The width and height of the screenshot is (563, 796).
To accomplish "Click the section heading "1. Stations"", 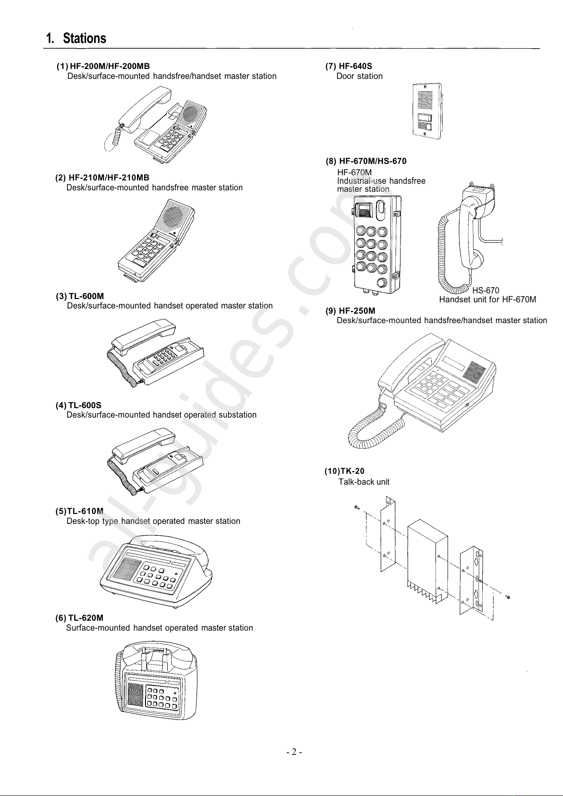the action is tap(76, 38).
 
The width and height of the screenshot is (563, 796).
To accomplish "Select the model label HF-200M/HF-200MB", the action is tap(110, 66).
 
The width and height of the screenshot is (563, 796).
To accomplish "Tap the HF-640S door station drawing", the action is tap(427, 112).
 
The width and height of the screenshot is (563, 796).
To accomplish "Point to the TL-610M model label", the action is tap(85, 511).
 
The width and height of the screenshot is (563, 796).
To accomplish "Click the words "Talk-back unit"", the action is tap(364, 482).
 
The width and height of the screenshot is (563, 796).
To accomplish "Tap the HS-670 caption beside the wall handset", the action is tap(486, 291).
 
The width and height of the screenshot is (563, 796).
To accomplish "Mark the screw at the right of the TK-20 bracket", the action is tap(508, 597).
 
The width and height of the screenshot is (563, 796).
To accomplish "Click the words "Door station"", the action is tap(359, 76).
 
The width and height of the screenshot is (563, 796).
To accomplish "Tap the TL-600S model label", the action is tap(85, 405).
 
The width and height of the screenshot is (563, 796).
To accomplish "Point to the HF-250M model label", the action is tap(357, 311).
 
